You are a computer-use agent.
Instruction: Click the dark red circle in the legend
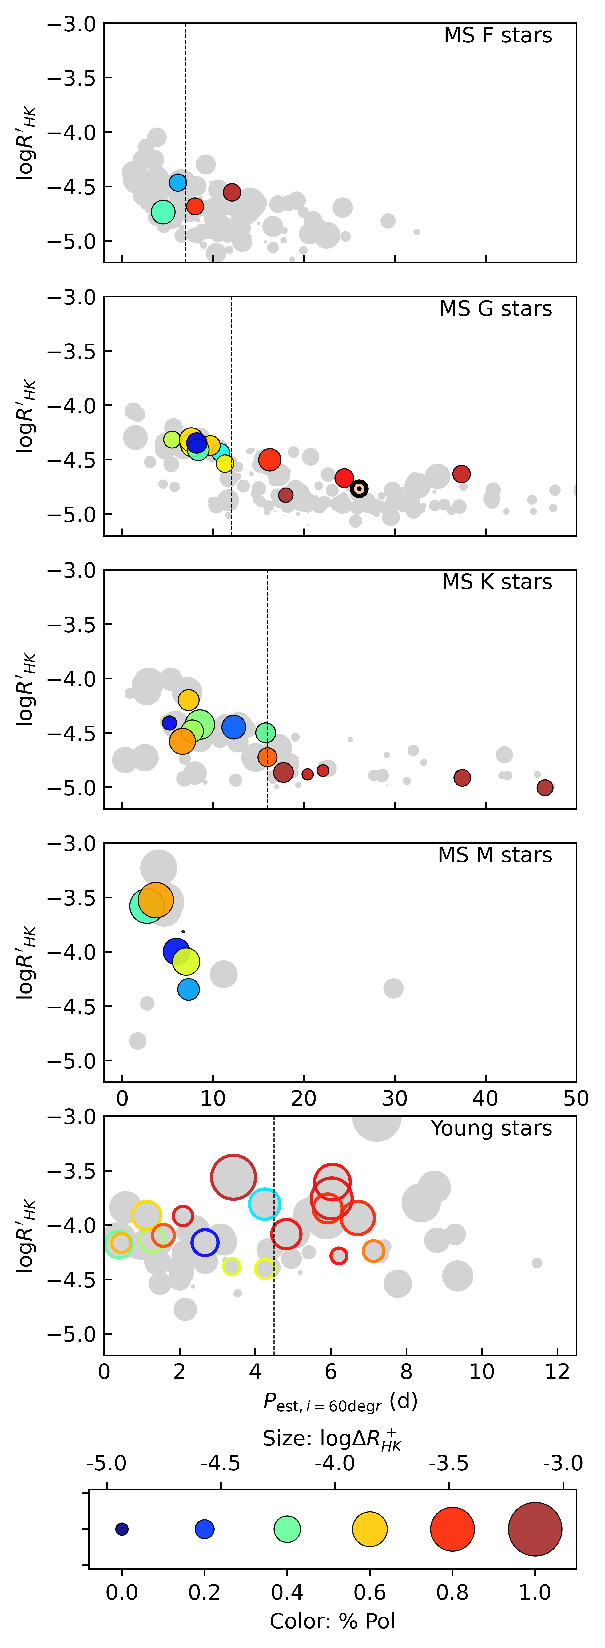coord(535,1529)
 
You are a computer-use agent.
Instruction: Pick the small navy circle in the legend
coord(121,1529)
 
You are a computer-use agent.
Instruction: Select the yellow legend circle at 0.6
coord(370,1529)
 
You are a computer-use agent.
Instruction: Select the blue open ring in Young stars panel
coord(205,1242)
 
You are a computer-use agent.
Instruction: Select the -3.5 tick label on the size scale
coord(449,1463)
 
